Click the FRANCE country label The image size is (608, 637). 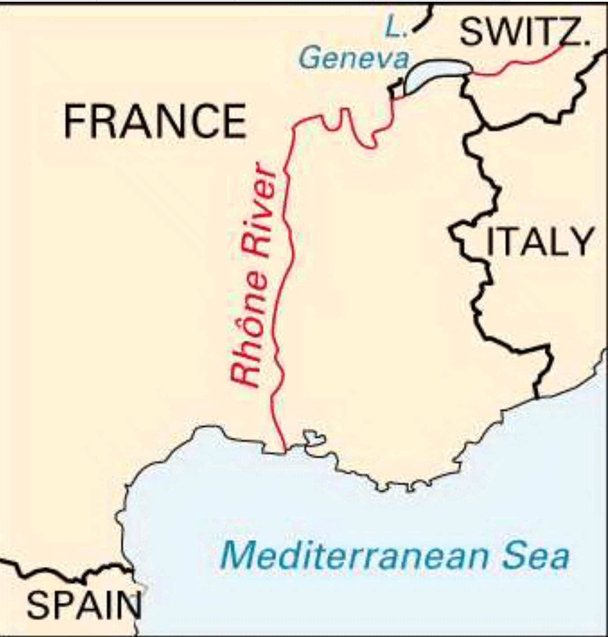click(155, 121)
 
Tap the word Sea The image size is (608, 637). click(535, 556)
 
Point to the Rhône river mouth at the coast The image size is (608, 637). click(284, 450)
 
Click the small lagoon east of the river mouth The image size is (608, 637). click(313, 438)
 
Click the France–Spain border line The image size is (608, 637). click(67, 572)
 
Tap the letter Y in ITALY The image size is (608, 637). click(582, 242)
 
